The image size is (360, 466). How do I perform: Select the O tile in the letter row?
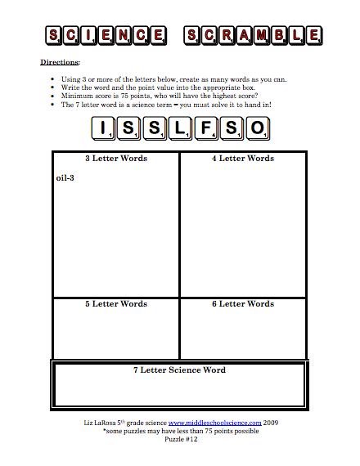(x=256, y=128)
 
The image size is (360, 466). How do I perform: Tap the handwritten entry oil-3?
(x=65, y=177)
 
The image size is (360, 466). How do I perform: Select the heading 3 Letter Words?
(x=115, y=159)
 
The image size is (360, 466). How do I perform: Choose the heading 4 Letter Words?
(x=243, y=159)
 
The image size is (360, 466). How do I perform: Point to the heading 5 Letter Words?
(x=115, y=304)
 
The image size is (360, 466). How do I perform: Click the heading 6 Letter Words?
(x=243, y=304)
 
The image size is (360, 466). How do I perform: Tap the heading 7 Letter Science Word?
(x=179, y=370)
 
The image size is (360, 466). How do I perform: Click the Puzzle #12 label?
(x=180, y=440)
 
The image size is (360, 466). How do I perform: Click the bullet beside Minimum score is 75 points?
(x=52, y=96)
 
